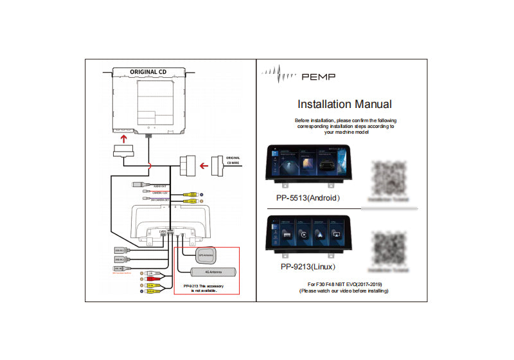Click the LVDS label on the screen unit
(x=153, y=231)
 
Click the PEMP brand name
(x=318, y=76)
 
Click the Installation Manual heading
(x=344, y=104)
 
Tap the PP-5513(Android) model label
(x=308, y=198)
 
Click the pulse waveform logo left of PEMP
(x=280, y=75)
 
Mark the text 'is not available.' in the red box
(x=204, y=291)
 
